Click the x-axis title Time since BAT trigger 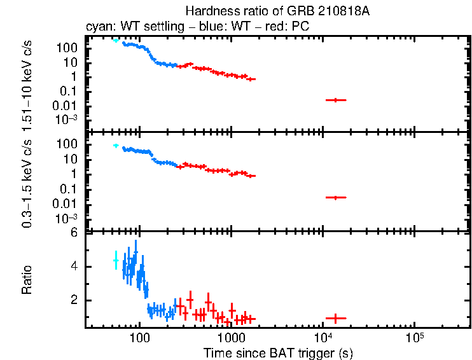click(x=279, y=352)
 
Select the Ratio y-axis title click(x=27, y=280)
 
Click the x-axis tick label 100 click(x=139, y=337)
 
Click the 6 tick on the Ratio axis click(x=74, y=233)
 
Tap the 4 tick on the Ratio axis click(x=74, y=267)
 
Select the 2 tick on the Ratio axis click(x=74, y=300)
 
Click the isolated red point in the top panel click(x=335, y=100)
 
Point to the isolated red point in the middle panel click(x=335, y=198)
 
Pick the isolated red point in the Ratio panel click(x=335, y=317)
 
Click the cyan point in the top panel click(x=115, y=40)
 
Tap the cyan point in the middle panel click(x=115, y=146)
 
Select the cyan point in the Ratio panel click(x=115, y=260)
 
